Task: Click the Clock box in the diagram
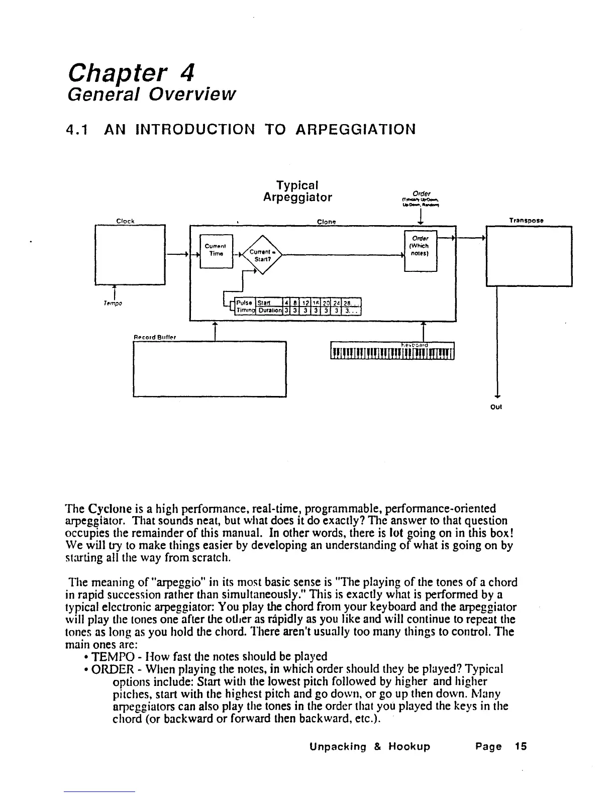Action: pos(130,255)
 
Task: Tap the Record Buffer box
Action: pos(210,369)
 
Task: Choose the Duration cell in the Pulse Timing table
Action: pos(269,310)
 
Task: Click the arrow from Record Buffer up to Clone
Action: pos(215,331)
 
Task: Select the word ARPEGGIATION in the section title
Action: pos(355,130)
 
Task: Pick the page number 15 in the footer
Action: pos(521,746)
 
